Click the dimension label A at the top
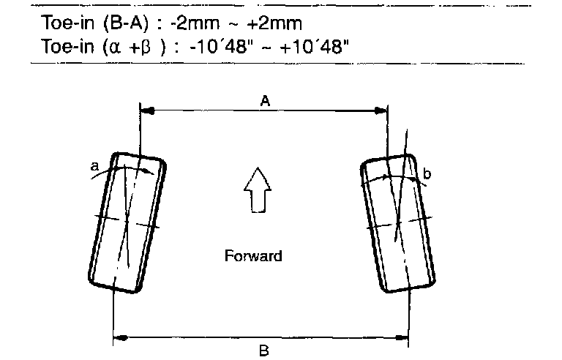coord(265,101)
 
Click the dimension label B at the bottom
coord(263,350)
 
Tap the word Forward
coord(253,256)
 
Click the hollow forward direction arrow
coord(258,190)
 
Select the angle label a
coord(94,166)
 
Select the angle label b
coord(427,173)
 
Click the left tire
coord(127,222)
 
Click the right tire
coord(398,223)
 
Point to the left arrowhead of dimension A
coord(147,110)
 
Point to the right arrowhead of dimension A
coord(381,110)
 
